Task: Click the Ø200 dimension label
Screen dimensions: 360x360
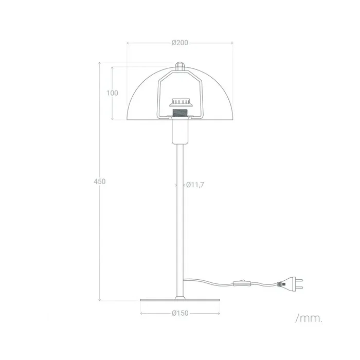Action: coord(179,43)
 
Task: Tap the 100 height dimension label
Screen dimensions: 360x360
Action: coord(112,93)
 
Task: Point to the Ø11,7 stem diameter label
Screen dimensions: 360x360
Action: coord(195,185)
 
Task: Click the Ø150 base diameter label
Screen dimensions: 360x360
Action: coord(179,313)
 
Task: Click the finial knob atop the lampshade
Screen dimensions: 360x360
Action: coord(179,65)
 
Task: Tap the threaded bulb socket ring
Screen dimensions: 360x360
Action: coord(179,112)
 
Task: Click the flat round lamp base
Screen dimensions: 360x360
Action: coord(179,300)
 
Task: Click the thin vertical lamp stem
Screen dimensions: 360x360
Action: coord(179,221)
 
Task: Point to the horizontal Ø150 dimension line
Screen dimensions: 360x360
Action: coord(154,313)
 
